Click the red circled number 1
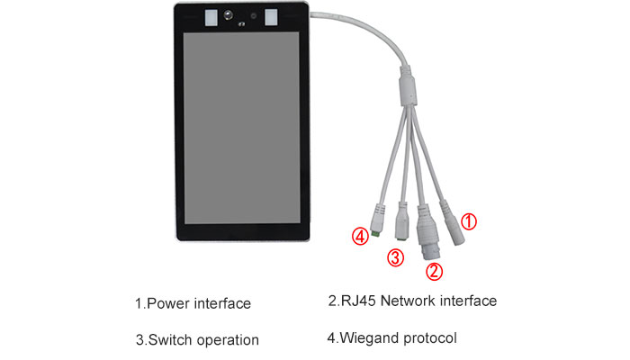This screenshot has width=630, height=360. click(469, 221)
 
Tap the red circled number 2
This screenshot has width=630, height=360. click(434, 271)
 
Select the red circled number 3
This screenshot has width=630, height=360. click(395, 257)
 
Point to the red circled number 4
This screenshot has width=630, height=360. click(360, 236)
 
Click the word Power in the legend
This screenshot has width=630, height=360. click(168, 303)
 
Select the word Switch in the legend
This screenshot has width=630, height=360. click(170, 340)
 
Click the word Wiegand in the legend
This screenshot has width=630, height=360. click(369, 337)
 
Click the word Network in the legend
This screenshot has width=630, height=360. click(408, 301)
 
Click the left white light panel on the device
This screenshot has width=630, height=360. click(211, 18)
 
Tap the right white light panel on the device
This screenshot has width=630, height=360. click(271, 17)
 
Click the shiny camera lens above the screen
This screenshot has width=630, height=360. click(229, 15)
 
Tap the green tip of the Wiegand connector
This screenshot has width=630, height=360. click(376, 233)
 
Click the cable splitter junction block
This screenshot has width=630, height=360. click(407, 87)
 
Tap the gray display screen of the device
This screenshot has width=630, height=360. click(241, 128)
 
